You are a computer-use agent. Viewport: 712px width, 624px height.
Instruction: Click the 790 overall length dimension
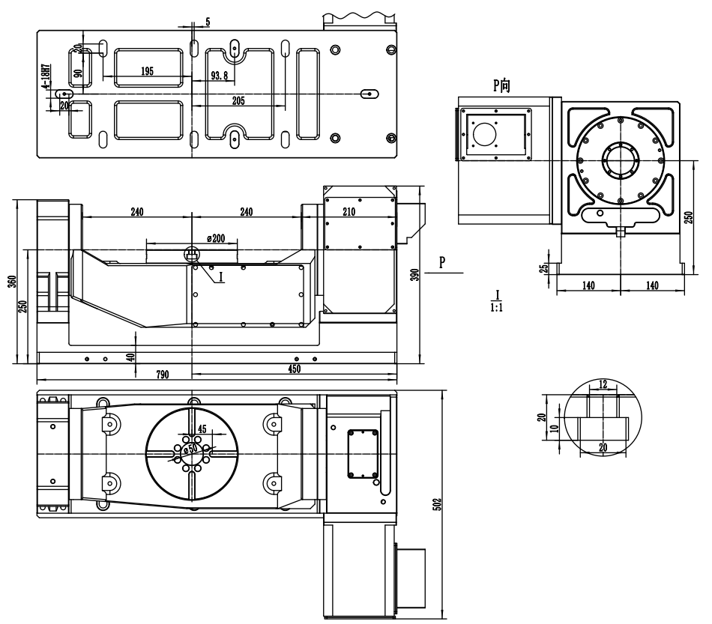(x=162, y=375)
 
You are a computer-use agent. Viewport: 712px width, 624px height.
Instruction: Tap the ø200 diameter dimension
(x=216, y=238)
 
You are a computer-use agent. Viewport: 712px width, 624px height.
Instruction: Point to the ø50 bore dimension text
(x=191, y=449)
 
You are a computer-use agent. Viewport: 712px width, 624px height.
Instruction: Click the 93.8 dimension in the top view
(x=220, y=76)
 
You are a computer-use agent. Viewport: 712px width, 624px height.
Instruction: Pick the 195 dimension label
(x=147, y=71)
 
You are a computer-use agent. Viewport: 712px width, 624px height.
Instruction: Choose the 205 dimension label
(x=238, y=100)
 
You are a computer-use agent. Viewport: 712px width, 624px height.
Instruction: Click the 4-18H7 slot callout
(x=46, y=76)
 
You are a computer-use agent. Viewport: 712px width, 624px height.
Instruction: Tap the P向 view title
(x=501, y=85)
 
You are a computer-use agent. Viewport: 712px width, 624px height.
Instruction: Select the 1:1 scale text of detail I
(x=496, y=308)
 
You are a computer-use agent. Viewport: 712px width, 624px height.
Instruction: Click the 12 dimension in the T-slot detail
(x=603, y=384)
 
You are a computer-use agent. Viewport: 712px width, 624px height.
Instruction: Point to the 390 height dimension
(x=414, y=275)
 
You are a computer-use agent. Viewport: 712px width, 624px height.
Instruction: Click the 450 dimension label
(x=295, y=369)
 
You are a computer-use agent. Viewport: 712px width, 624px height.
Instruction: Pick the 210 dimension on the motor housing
(x=349, y=212)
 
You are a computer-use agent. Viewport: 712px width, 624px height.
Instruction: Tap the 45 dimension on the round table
(x=202, y=428)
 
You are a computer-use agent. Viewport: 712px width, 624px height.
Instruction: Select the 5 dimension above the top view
(x=208, y=22)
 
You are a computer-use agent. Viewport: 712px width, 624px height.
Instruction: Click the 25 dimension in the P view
(x=543, y=267)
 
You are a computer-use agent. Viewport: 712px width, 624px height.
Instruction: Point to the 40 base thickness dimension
(x=131, y=357)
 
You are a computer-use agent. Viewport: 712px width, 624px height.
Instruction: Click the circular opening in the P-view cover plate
(x=485, y=134)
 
